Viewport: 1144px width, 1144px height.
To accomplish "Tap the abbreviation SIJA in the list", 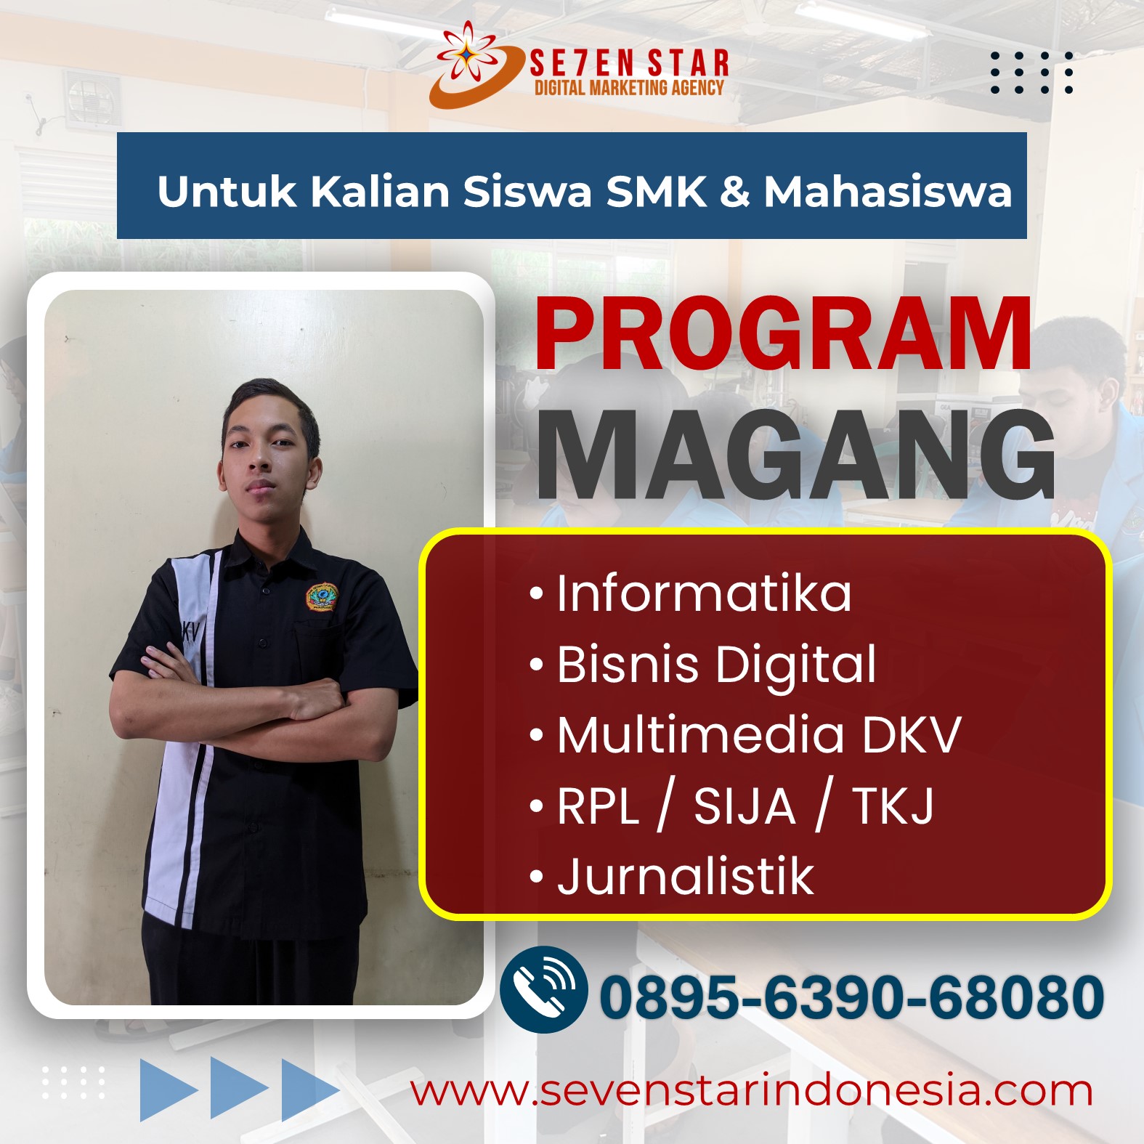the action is coord(745,806).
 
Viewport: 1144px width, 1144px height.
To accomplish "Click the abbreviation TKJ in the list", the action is coord(893,806).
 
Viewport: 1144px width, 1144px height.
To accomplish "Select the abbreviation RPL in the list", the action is coord(598,806).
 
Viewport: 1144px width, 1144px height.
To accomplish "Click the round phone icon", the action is coord(543,989).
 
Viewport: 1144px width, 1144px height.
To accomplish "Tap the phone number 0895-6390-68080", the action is coord(852,997).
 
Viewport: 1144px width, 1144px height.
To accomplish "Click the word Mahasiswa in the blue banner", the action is coord(888,192).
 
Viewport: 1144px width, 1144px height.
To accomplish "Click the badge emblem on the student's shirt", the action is coord(320,597).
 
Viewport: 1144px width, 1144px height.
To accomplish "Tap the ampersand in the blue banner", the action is coord(735,192).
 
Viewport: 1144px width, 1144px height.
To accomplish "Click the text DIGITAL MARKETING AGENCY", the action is coord(629,88).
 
